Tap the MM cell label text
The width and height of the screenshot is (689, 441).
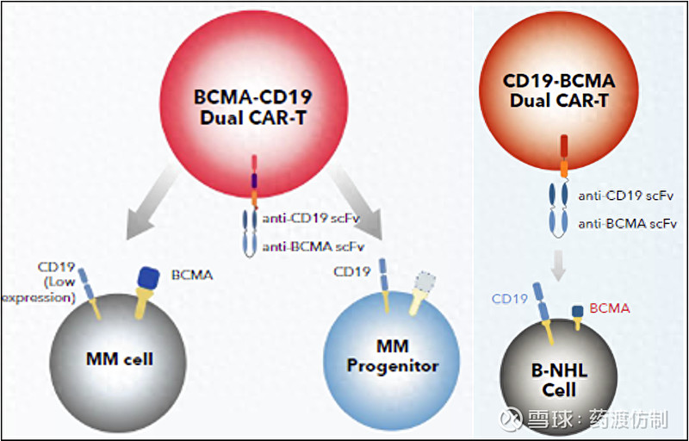point(120,358)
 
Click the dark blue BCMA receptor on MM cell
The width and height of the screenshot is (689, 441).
point(149,278)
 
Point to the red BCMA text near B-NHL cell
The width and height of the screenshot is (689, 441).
point(610,307)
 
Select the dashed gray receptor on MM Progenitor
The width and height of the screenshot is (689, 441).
point(425,282)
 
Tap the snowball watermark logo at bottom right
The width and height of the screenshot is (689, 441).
point(517,419)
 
